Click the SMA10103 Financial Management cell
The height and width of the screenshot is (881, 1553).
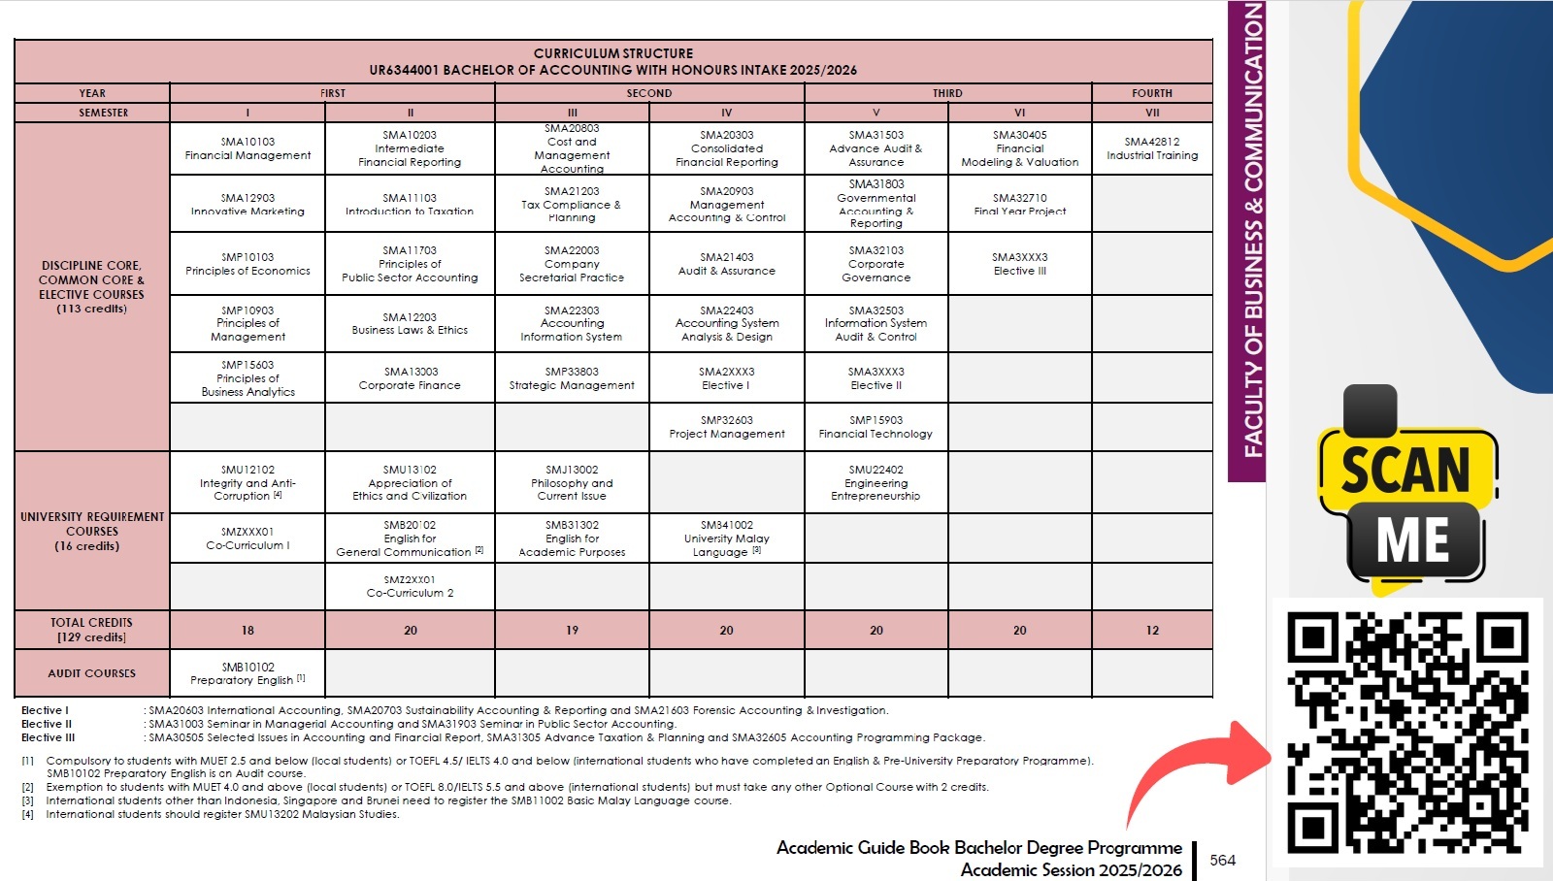(248, 148)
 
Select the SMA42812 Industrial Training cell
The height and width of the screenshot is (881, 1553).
(1152, 148)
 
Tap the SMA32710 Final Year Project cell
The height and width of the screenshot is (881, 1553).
(1019, 204)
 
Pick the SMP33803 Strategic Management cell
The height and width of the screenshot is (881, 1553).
(572, 378)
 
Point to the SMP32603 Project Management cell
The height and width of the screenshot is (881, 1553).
(727, 427)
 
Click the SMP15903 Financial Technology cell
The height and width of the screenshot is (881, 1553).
(876, 427)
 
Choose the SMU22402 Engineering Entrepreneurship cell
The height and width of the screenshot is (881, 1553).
(876, 482)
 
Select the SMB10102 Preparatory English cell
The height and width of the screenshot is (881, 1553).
(248, 673)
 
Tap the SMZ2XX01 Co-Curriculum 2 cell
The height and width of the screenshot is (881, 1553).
(410, 586)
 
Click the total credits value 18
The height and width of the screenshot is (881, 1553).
(248, 631)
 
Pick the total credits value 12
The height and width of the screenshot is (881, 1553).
(1152, 631)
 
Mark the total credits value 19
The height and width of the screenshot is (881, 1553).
(572, 631)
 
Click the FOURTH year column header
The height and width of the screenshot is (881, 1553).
(1152, 93)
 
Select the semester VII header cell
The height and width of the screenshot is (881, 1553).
(1152, 113)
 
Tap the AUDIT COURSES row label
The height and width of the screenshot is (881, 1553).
(92, 673)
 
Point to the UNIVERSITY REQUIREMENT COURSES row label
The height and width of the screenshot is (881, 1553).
(92, 531)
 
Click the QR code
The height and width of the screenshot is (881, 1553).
(1407, 732)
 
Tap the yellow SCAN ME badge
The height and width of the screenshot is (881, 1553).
(1407, 495)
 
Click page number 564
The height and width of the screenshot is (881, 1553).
(1223, 861)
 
